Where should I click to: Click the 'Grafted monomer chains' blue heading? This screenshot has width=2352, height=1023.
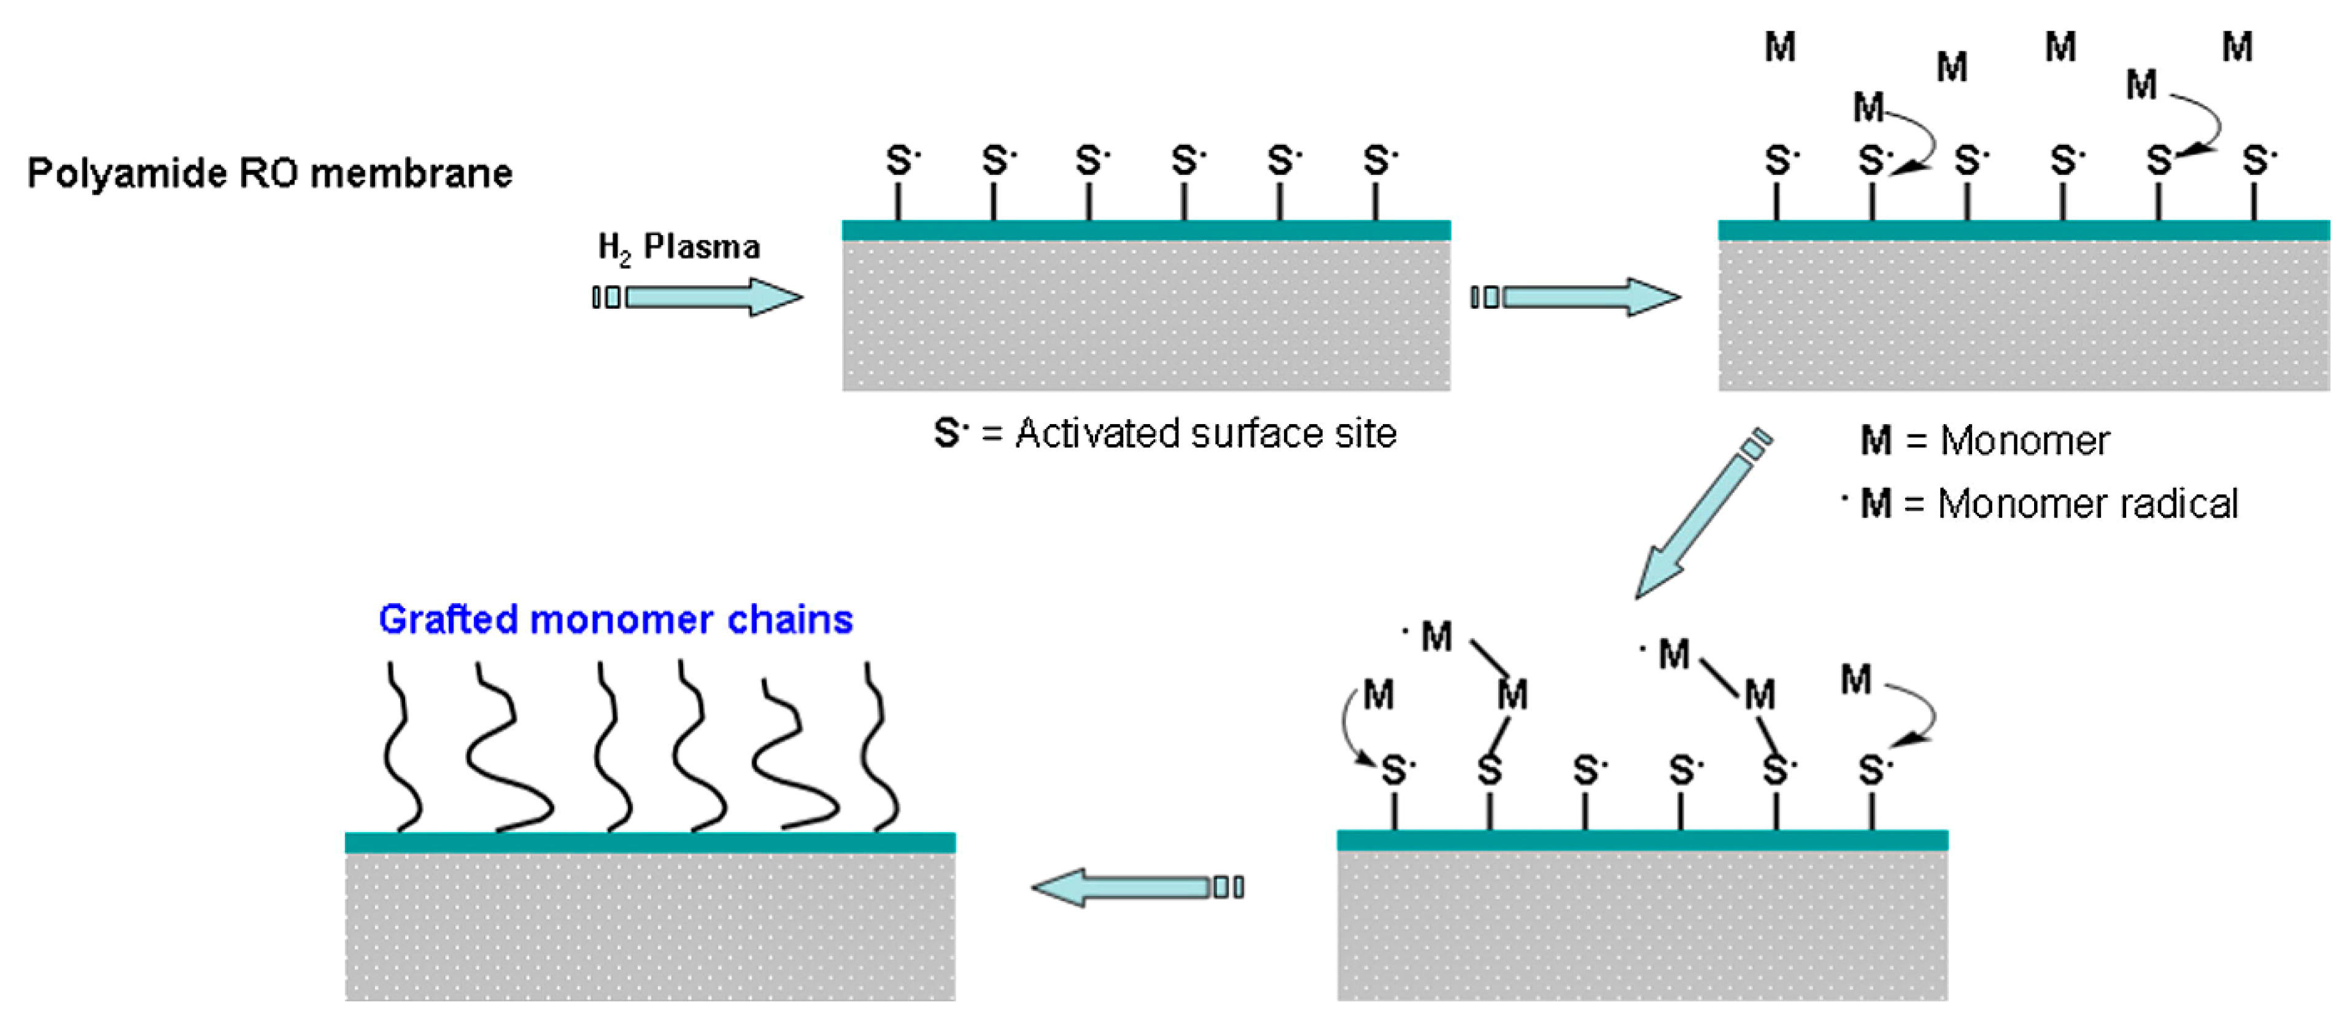pyautogui.click(x=616, y=620)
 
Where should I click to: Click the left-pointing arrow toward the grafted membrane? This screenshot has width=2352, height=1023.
pyautogui.click(x=1137, y=887)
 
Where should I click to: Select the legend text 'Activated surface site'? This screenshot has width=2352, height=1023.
pyautogui.click(x=1205, y=433)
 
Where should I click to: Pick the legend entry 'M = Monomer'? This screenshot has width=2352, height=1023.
pyautogui.click(x=1984, y=441)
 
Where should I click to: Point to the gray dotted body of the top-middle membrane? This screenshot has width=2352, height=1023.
pyautogui.click(x=1146, y=315)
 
